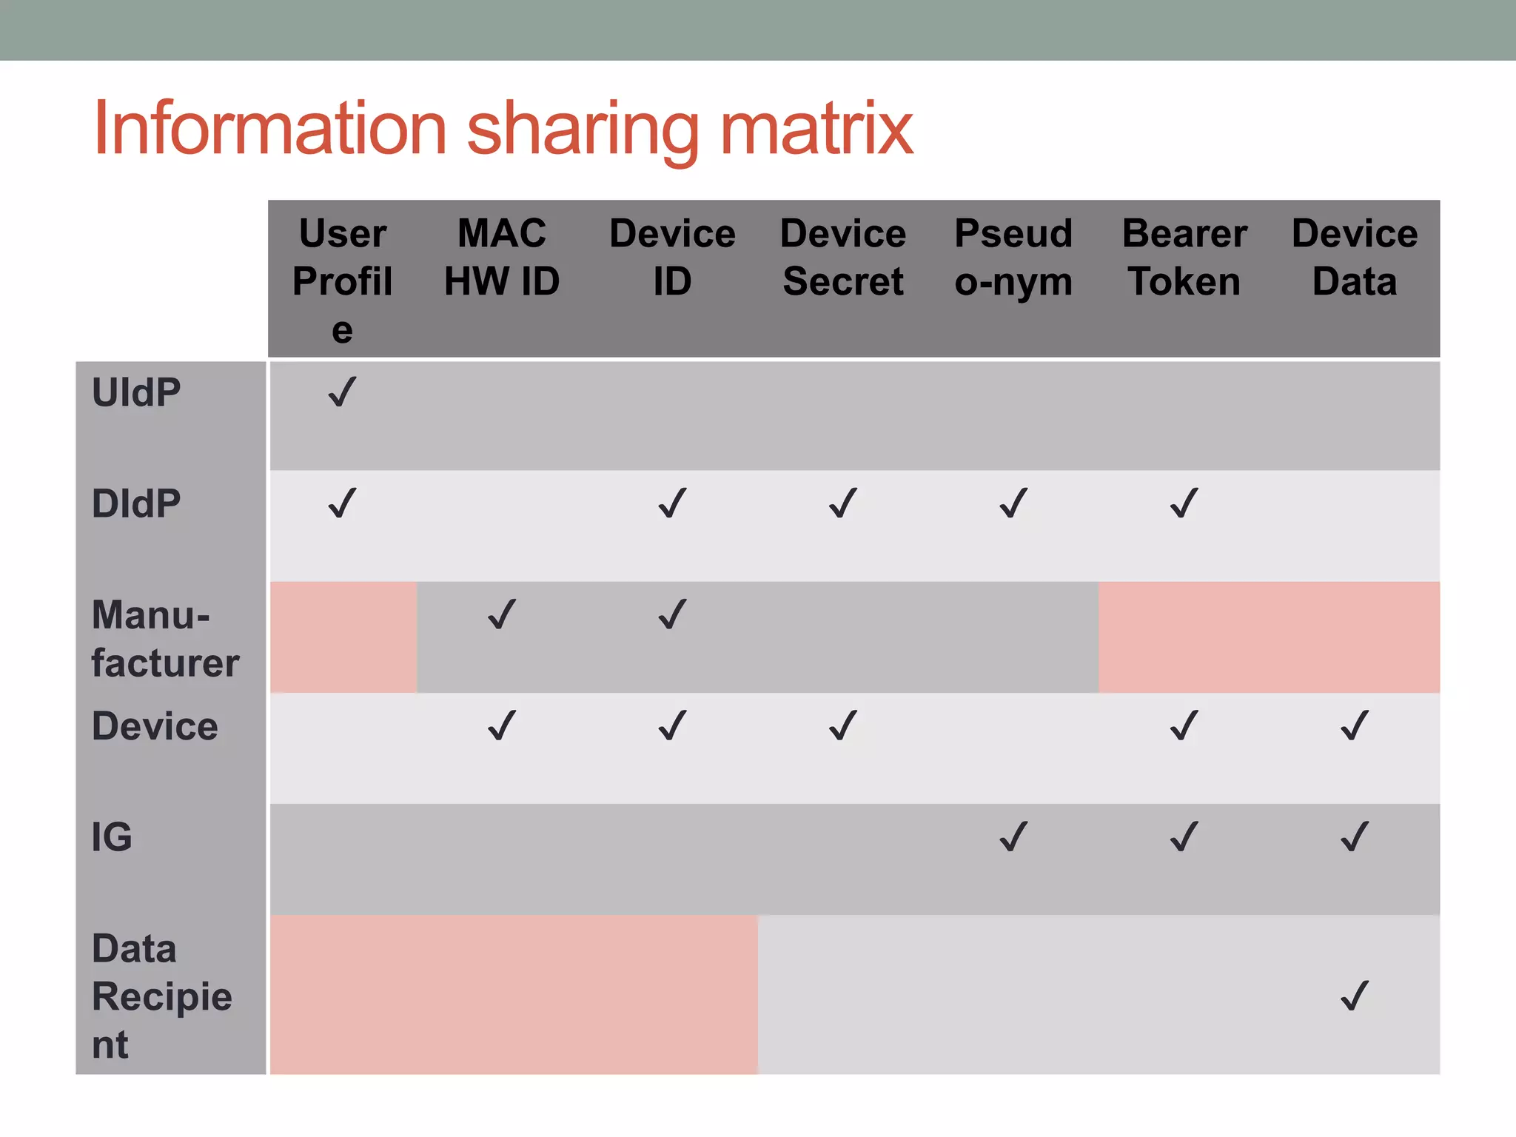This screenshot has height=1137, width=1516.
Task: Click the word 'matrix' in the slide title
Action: tap(816, 130)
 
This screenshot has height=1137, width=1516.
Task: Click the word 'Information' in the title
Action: tap(270, 130)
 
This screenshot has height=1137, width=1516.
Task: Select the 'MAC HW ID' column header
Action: tap(502, 258)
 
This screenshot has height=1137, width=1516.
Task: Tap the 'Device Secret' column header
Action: tap(843, 258)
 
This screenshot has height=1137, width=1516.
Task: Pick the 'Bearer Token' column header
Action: tap(1184, 258)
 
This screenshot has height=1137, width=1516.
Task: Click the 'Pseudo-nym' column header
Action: tap(1013, 258)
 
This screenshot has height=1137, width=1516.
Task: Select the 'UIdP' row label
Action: tap(136, 392)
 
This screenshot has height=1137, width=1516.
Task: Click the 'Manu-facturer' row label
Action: tap(164, 638)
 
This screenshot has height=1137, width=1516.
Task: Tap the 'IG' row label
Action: tap(112, 837)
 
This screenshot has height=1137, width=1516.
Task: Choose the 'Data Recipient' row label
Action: tap(161, 996)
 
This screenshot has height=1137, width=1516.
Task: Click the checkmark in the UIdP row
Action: tap(342, 392)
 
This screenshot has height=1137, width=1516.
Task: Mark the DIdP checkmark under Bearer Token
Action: tap(1184, 503)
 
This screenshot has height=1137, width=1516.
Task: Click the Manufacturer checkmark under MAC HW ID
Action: tap(502, 614)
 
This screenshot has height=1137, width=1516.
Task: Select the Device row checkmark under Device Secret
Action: tap(843, 725)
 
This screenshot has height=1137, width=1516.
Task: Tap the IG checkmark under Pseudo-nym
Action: tap(1013, 837)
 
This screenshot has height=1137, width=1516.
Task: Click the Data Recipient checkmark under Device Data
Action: tap(1355, 996)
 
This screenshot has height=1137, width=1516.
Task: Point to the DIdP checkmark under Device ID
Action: tap(672, 503)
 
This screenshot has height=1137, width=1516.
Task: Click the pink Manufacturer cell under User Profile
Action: tap(343, 637)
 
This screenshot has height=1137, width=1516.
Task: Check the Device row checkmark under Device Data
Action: tap(1355, 725)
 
